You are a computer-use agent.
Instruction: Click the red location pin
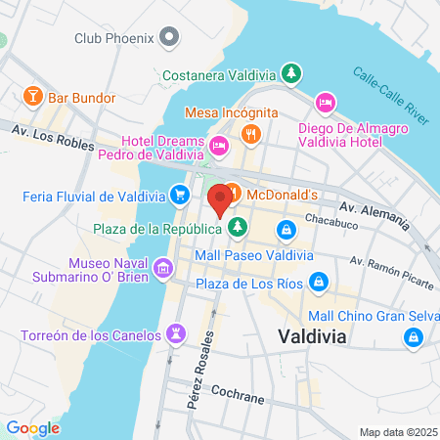point(220,198)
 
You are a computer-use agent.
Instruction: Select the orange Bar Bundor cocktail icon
point(32,97)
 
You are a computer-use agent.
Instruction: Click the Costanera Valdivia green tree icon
point(290,72)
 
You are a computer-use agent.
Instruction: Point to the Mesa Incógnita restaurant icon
point(252,133)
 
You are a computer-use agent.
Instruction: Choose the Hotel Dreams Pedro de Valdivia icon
point(218,147)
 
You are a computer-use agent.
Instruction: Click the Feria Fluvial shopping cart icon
point(180,196)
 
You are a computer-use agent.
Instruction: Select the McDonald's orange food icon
point(234,195)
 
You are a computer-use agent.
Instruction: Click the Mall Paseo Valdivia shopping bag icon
point(286,230)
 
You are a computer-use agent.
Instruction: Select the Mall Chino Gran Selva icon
point(414,338)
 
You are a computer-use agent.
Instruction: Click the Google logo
point(32,427)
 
